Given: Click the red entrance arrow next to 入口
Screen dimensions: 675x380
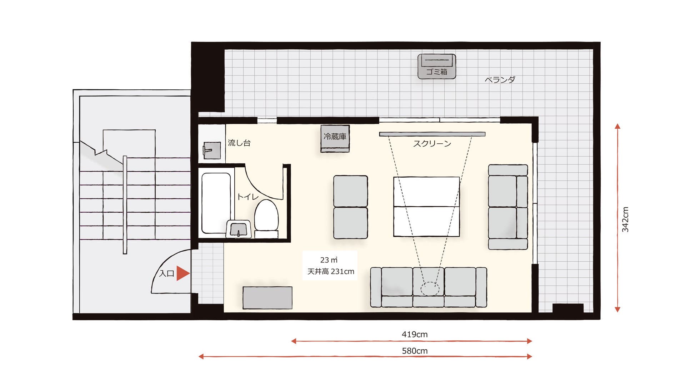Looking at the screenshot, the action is point(182,273).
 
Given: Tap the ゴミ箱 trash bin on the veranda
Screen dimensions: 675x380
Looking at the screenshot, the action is point(436,66).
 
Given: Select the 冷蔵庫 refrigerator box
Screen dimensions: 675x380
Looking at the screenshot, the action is point(335,138).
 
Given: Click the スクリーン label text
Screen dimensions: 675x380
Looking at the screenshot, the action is point(432,144).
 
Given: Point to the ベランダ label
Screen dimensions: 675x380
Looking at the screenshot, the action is point(500,80).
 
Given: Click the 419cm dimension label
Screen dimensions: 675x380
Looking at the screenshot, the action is point(415,334).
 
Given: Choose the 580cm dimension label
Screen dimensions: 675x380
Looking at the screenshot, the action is point(415,351).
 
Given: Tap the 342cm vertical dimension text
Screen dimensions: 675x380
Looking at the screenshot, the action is point(625,219).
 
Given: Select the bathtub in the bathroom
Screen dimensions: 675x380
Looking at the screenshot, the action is point(216,203).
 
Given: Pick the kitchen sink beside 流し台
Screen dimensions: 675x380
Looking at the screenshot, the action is point(212,150).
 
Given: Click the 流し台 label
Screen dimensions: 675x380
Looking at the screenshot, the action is point(239,143).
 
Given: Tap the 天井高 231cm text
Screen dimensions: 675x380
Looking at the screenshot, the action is point(331,271).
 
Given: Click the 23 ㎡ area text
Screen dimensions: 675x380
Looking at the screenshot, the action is point(329,260).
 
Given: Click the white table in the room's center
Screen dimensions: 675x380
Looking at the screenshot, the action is point(426,207).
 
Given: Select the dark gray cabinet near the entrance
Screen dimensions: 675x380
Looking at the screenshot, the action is point(267,297).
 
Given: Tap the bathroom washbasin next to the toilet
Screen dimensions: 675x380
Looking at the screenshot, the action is point(239,229).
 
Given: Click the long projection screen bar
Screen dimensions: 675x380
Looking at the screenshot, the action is point(432,134).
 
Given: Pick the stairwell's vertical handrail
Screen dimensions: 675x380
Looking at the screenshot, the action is point(125,205).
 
